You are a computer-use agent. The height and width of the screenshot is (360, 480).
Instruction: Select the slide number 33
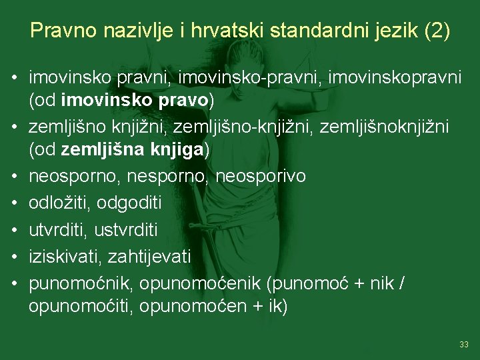click(x=464, y=344)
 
